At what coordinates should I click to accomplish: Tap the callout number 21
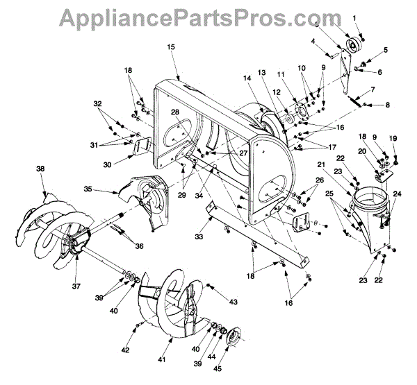coord(320,164)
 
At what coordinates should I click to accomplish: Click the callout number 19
coord(393,139)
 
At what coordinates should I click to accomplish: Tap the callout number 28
coord(174,112)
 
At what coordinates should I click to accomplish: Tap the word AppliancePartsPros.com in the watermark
coord(208,17)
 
